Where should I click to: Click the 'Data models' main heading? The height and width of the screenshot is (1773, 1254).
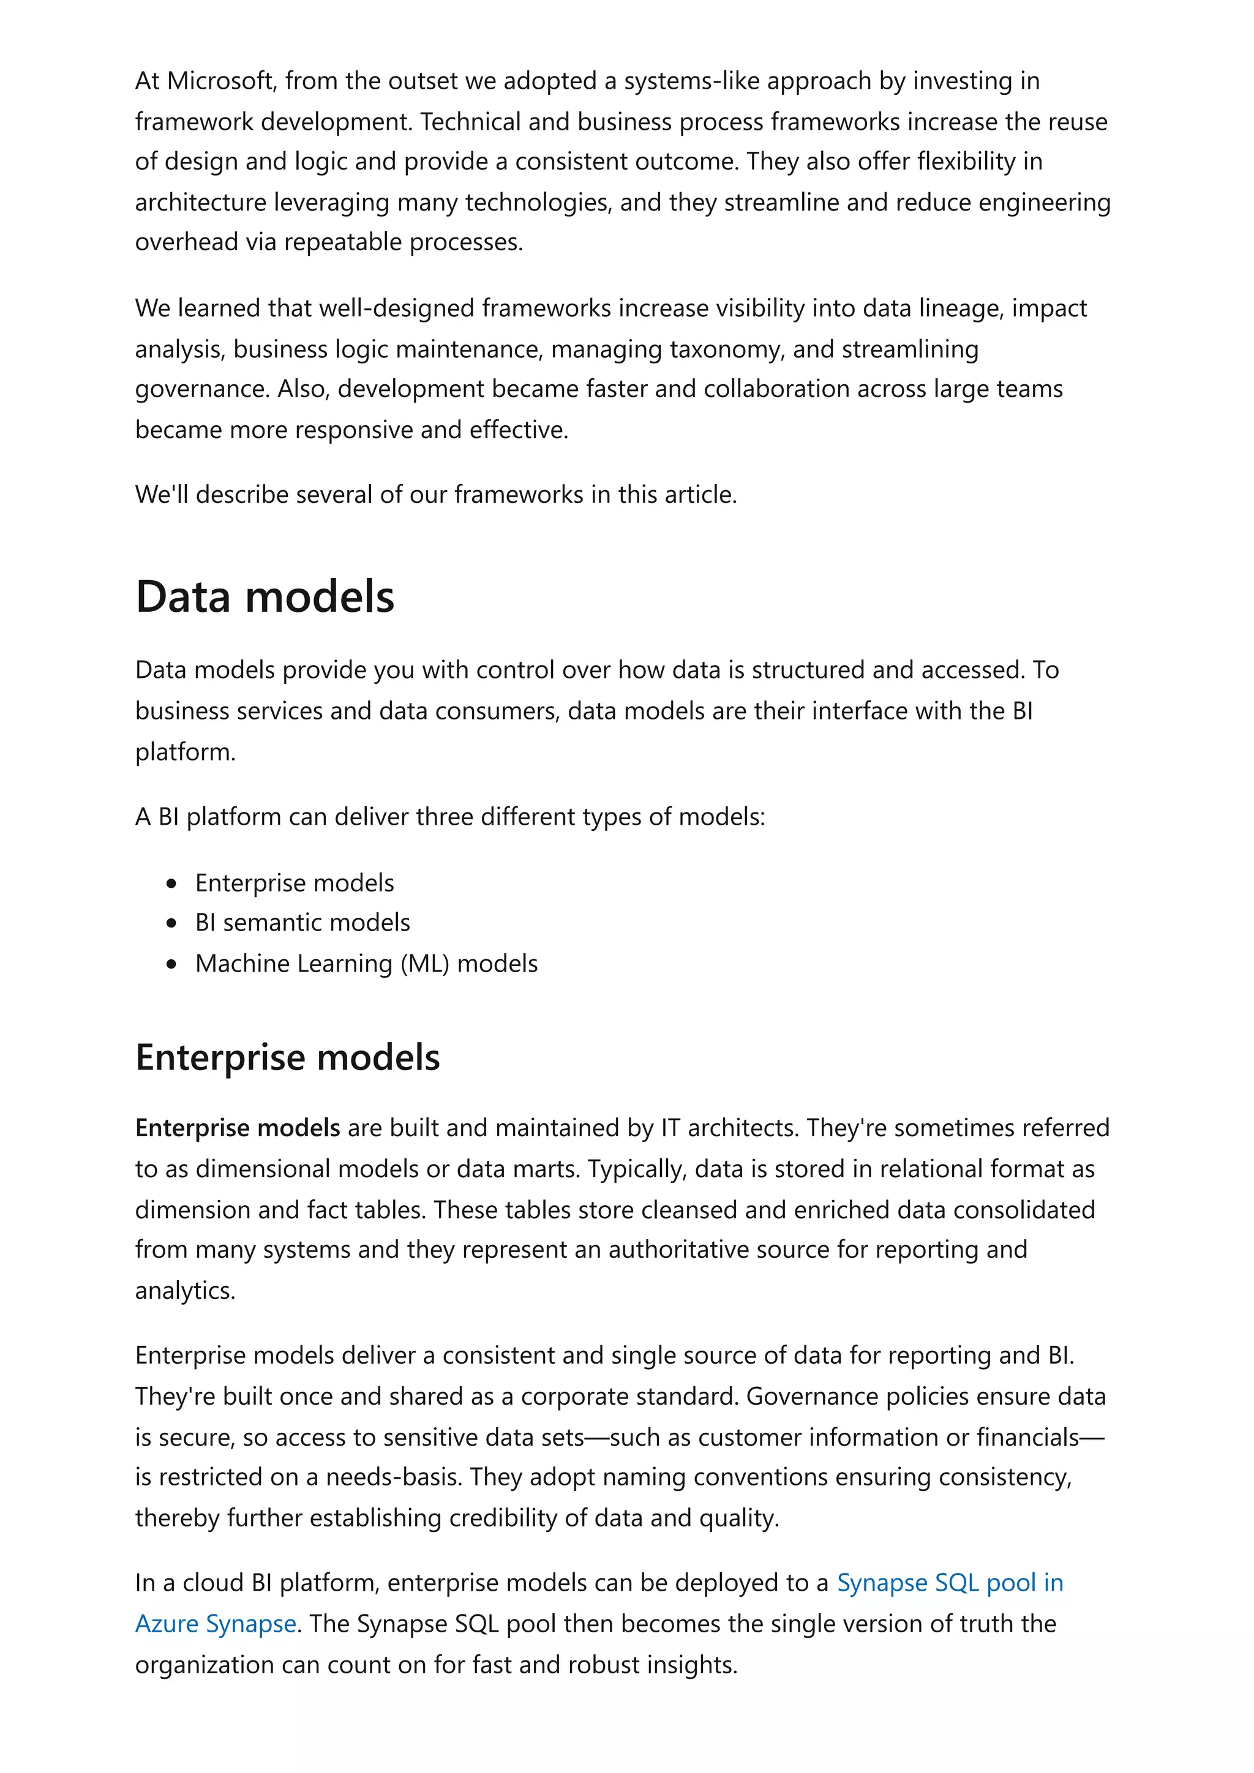pos(265,597)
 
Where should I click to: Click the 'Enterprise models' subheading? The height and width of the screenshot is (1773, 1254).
pos(287,1057)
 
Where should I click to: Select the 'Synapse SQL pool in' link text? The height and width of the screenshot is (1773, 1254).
pos(950,1583)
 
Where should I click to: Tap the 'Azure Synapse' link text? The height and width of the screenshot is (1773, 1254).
pos(216,1624)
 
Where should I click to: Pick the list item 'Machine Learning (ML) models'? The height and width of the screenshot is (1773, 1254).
pos(366,964)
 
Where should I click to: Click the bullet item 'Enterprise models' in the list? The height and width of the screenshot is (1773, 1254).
pos(295,883)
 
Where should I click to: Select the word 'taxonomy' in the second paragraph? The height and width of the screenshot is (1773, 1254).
pos(726,349)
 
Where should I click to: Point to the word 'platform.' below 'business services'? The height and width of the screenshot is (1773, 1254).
pos(185,752)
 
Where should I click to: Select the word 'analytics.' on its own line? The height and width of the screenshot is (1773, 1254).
pos(185,1290)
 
